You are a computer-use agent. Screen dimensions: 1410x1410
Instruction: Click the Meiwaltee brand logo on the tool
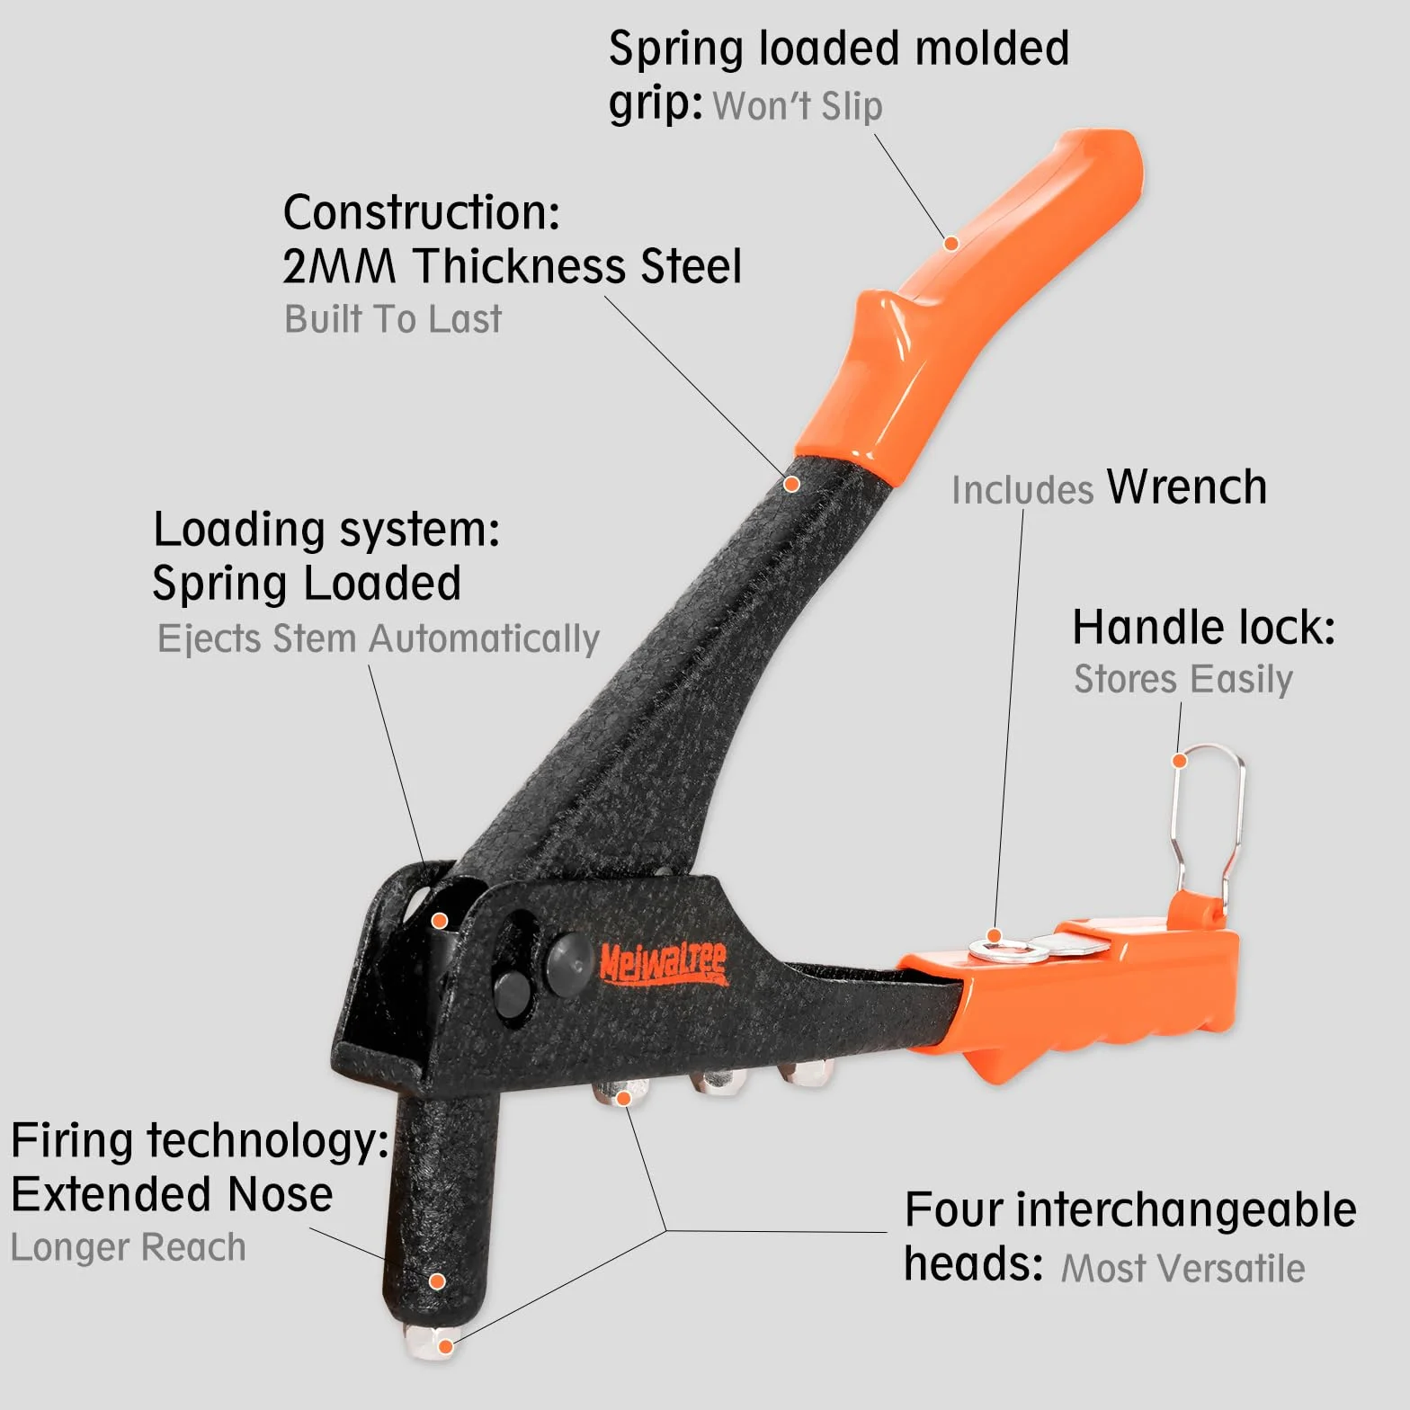[664, 964]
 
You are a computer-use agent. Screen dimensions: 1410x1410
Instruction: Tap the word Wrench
[1187, 487]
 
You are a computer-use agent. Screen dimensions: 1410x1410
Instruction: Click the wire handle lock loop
[1210, 823]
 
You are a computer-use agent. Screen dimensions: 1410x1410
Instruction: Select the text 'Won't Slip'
[798, 106]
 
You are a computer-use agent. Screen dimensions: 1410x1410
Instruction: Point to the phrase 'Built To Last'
[393, 319]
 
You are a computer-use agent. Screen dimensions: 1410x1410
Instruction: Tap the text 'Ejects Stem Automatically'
[379, 639]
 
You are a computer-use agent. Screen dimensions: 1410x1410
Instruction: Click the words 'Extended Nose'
[172, 1194]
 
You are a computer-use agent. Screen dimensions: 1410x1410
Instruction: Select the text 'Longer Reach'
[129, 1248]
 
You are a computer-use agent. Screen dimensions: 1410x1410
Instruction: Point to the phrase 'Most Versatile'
[1183, 1269]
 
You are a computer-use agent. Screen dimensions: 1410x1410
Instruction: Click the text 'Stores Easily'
[1183, 679]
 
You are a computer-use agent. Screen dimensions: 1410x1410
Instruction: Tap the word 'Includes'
[1022, 491]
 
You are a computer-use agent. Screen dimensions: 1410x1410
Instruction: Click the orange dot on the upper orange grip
[951, 243]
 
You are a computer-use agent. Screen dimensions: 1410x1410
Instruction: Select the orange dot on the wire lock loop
[1181, 761]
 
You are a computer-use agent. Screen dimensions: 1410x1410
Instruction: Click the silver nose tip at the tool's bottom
[432, 1342]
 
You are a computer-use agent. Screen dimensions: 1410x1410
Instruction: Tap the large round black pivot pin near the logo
[570, 964]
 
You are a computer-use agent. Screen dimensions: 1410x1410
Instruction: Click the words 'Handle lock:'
[1204, 628]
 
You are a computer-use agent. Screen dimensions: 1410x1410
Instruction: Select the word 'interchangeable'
[1187, 1210]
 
